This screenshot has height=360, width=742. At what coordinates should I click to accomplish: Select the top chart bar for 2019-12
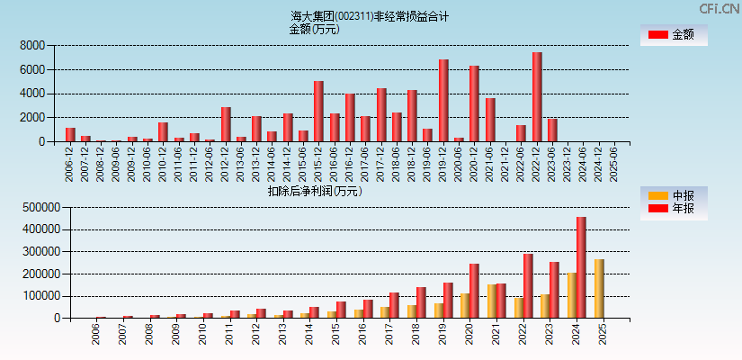(443, 101)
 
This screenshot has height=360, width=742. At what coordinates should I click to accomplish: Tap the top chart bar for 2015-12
(318, 112)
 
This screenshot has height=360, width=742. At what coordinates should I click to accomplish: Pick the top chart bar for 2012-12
(226, 124)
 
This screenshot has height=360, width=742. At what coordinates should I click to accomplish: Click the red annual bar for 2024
(581, 267)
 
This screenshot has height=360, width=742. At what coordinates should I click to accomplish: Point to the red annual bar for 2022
(528, 286)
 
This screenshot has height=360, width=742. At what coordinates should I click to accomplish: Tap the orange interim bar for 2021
(492, 301)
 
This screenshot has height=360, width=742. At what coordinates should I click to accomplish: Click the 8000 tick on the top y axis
(32, 45)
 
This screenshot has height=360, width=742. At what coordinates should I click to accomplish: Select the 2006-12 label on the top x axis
(70, 162)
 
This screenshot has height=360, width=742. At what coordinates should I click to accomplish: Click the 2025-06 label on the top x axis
(614, 162)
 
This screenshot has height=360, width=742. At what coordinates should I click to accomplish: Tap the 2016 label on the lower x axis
(362, 335)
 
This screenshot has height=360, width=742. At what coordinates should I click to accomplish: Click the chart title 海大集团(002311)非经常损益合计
(370, 16)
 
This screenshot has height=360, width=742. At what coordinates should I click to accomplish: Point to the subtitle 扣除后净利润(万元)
(315, 191)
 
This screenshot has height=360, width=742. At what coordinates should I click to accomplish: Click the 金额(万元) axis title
(314, 29)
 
